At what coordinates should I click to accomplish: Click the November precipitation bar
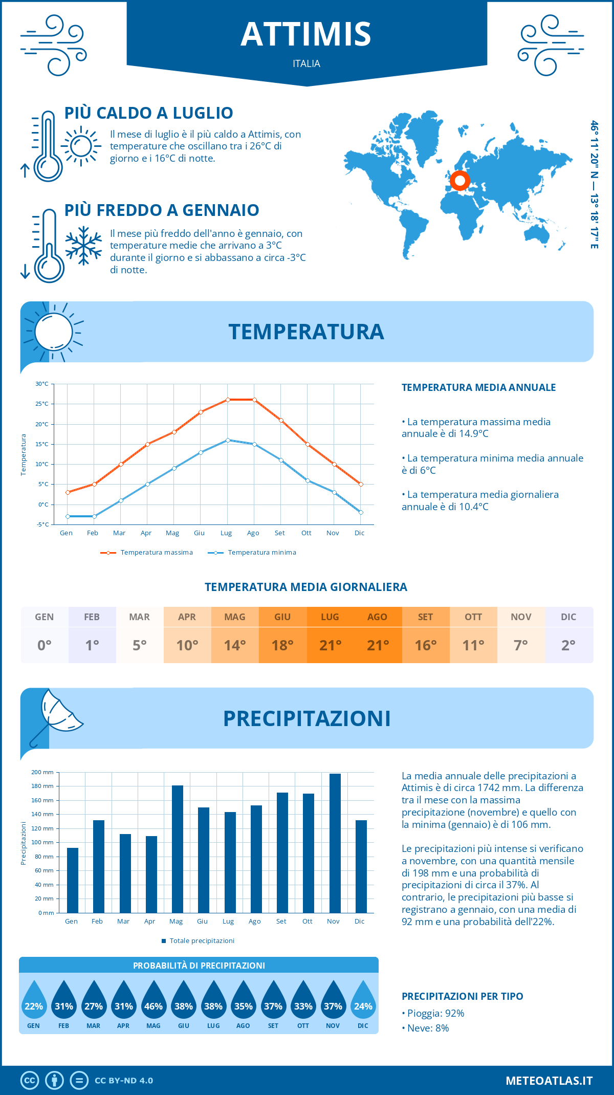pyautogui.click(x=335, y=843)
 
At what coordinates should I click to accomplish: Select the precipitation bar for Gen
pyautogui.click(x=73, y=880)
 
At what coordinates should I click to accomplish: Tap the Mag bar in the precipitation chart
pyautogui.click(x=178, y=849)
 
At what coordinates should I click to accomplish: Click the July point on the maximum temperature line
pyautogui.click(x=228, y=400)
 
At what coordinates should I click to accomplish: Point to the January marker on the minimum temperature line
pyautogui.click(x=68, y=516)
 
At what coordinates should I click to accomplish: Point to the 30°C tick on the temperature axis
pyautogui.click(x=42, y=384)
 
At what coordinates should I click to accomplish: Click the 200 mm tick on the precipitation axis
pyautogui.click(x=42, y=772)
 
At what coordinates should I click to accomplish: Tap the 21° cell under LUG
pyautogui.click(x=330, y=645)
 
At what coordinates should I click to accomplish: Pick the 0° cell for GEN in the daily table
pyautogui.click(x=45, y=645)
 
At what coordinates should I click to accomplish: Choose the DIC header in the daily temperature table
pyautogui.click(x=568, y=617)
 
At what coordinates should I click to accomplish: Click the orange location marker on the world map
pyautogui.click(x=460, y=181)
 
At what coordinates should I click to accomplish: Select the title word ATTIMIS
pyautogui.click(x=306, y=34)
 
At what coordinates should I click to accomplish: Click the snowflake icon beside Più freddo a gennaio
pyautogui.click(x=83, y=245)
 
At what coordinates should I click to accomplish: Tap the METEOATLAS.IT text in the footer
pyautogui.click(x=549, y=1081)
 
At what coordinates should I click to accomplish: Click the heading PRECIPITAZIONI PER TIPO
pyautogui.click(x=462, y=996)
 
